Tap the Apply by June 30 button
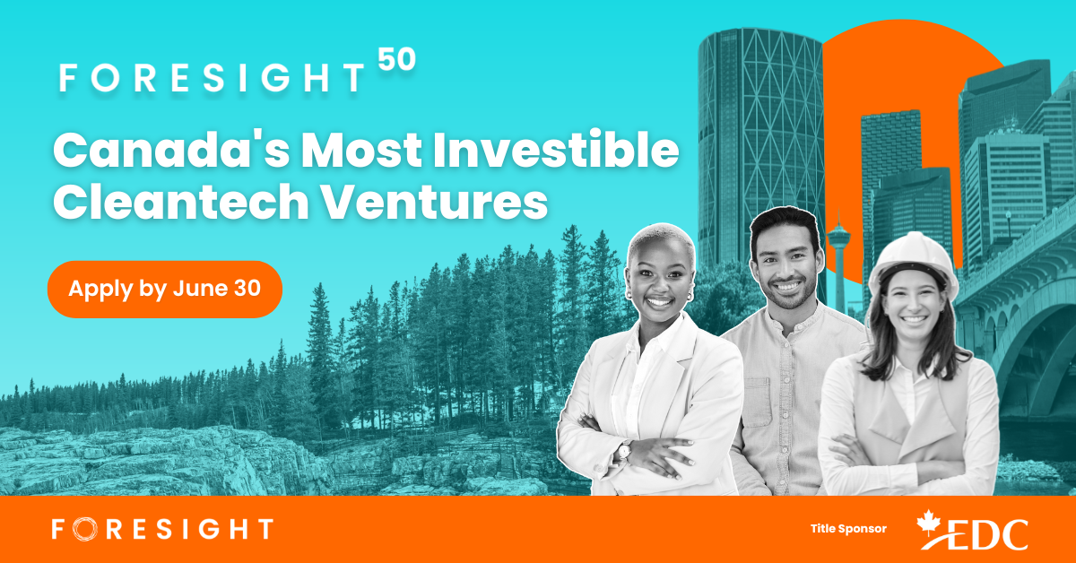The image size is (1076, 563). [165, 289]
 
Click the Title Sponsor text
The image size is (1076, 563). [847, 529]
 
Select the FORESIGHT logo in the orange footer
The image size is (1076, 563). [161, 529]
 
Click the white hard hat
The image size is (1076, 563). [912, 259]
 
